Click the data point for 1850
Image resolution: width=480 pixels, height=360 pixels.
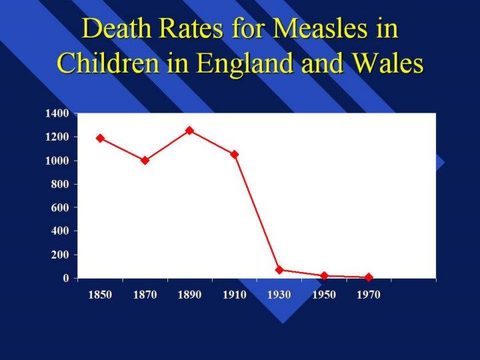click(x=100, y=138)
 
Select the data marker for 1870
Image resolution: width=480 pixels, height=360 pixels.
click(x=145, y=160)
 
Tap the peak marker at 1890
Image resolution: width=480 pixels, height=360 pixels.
click(x=189, y=130)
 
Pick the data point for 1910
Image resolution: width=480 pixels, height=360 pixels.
click(x=234, y=154)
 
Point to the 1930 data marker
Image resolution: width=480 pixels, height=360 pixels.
click(x=279, y=270)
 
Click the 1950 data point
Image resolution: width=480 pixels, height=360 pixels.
click(x=324, y=275)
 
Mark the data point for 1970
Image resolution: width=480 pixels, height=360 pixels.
click(x=369, y=277)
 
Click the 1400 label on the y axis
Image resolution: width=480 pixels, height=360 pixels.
click(x=57, y=113)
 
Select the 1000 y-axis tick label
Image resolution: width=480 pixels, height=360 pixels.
click(x=57, y=161)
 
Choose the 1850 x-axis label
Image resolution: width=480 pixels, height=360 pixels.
click(x=100, y=295)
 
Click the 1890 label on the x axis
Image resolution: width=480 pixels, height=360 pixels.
click(x=189, y=295)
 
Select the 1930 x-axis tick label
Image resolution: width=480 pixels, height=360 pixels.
click(x=279, y=295)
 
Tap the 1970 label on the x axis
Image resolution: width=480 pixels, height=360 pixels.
click(x=369, y=295)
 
